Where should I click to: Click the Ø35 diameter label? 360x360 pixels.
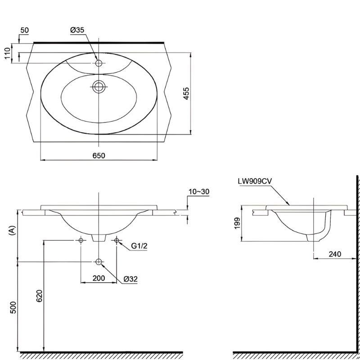[x=77, y=30]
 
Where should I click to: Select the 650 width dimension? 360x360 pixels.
[x=99, y=155]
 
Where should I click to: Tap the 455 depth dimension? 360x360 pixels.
[x=186, y=93]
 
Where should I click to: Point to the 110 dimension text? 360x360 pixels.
[x=8, y=53]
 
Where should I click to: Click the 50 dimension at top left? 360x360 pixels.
[x=25, y=30]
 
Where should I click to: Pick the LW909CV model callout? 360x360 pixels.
[x=255, y=181]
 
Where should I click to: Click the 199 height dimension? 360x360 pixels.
[x=237, y=223]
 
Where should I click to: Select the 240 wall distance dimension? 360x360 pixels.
[x=335, y=254]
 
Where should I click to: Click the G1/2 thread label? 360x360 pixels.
[x=139, y=246]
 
